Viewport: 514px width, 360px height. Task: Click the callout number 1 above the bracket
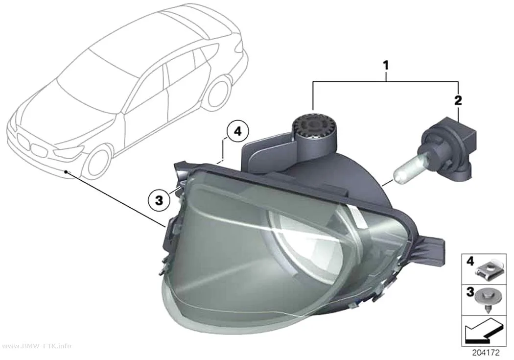click(386, 66)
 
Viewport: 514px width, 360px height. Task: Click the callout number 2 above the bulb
click(458, 100)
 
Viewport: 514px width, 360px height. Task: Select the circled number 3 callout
click(159, 200)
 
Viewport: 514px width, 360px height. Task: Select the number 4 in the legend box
click(470, 262)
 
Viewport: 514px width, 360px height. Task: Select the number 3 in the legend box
click(470, 291)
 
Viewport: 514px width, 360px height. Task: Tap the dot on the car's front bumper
click(66, 171)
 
